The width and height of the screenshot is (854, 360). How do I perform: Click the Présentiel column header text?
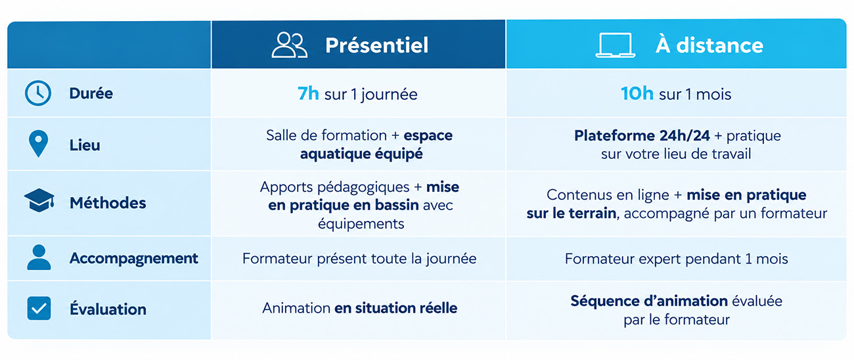376,45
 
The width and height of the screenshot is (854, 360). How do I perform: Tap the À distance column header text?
709,45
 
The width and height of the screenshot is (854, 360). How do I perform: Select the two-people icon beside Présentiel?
289,45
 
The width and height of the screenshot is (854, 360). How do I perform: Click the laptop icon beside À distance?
616,45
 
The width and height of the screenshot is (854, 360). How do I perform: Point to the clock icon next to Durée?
38,93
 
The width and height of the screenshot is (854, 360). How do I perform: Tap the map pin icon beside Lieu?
39,144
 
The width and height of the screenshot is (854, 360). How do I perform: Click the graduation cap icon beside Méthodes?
39,200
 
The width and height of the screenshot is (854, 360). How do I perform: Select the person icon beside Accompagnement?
39,258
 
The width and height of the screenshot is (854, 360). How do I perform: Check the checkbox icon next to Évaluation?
39,308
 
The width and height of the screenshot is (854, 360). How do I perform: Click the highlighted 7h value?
308,93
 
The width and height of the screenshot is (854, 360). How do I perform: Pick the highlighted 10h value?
637,93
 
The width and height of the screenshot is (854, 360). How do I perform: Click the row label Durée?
91,93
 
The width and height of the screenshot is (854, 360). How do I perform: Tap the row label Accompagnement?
134,259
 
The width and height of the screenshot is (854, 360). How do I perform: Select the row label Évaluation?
108,308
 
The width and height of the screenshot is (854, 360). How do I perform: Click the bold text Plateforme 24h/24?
642,136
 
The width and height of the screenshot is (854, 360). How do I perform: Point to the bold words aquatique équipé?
361,154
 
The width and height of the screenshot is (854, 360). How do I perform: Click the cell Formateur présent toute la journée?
359,259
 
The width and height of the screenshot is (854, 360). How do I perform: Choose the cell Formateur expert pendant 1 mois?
677,259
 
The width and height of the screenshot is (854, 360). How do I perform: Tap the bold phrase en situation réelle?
395,308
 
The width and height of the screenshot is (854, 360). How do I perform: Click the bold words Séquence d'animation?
649,302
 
